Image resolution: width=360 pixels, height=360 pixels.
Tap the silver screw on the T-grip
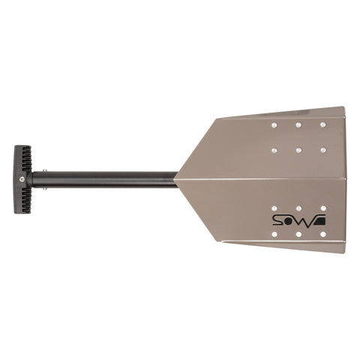[24, 180]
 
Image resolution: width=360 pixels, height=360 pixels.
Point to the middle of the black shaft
[105, 180]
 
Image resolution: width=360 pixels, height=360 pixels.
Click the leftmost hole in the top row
[274, 124]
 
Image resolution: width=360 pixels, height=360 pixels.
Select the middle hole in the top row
[298, 124]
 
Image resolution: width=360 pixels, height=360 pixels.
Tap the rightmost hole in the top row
[323, 124]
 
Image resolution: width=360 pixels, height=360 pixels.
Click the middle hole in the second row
[298, 150]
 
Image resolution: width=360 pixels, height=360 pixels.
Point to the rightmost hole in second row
[323, 150]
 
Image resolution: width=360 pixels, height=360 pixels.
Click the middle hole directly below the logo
[298, 235]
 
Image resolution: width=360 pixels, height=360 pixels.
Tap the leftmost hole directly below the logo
[274, 235]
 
